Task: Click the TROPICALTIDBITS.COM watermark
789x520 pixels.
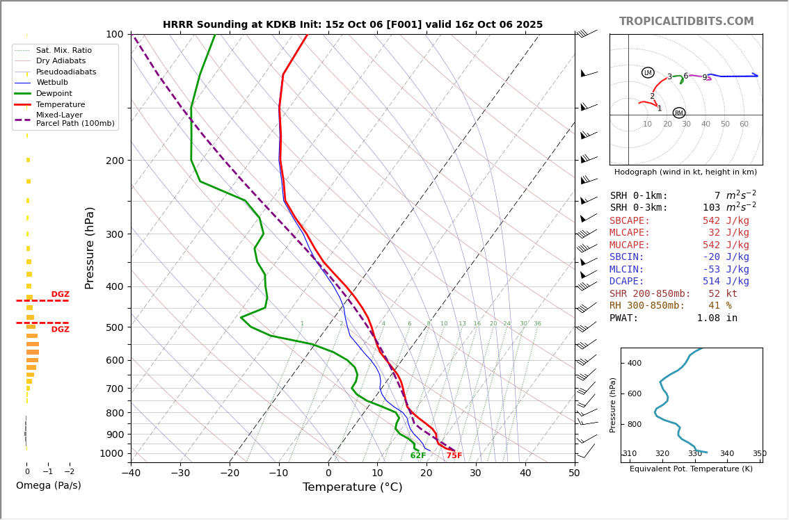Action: click(686, 22)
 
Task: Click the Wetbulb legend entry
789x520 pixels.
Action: click(52, 83)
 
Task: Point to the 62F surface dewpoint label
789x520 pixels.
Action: click(418, 456)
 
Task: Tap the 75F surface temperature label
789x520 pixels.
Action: click(454, 456)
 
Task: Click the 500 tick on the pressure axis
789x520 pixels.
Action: click(114, 327)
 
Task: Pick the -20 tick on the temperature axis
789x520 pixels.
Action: click(230, 474)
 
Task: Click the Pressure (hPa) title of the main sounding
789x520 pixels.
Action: click(90, 247)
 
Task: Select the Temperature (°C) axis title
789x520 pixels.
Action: click(352, 488)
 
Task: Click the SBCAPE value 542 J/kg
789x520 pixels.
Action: click(726, 221)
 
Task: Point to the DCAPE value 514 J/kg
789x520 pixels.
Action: click(726, 282)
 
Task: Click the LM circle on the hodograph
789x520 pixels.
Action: click(648, 73)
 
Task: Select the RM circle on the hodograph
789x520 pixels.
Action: click(679, 113)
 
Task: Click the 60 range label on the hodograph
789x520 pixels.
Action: click(744, 124)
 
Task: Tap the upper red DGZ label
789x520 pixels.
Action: click(60, 295)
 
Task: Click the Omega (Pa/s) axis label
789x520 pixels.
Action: click(48, 486)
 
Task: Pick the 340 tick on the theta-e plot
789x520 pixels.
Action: click(726, 454)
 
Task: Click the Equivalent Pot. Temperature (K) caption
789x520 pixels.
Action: click(691, 469)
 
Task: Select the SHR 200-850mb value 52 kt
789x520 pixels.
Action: click(723, 294)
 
